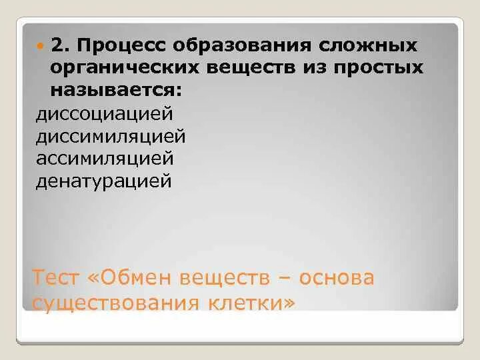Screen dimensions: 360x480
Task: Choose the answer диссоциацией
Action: point(104,113)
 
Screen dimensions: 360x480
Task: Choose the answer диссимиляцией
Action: point(110,135)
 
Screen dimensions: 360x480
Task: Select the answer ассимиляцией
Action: point(104,158)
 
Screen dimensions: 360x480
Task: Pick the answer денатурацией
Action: point(103,181)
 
